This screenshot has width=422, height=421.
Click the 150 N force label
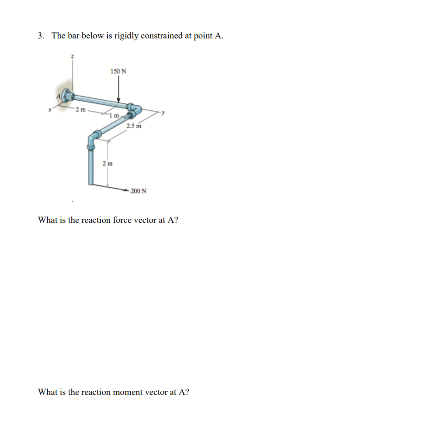click(x=119, y=71)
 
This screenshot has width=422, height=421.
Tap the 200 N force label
click(x=138, y=191)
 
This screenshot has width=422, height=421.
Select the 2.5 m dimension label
click(x=134, y=126)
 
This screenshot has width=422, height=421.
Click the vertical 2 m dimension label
click(x=107, y=163)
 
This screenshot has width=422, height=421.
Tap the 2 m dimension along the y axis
click(x=81, y=109)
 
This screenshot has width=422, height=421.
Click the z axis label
click(x=72, y=56)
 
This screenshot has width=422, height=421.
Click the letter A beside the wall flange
click(x=58, y=97)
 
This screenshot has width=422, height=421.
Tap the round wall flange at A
click(x=67, y=97)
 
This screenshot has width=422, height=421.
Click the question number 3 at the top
click(x=41, y=36)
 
